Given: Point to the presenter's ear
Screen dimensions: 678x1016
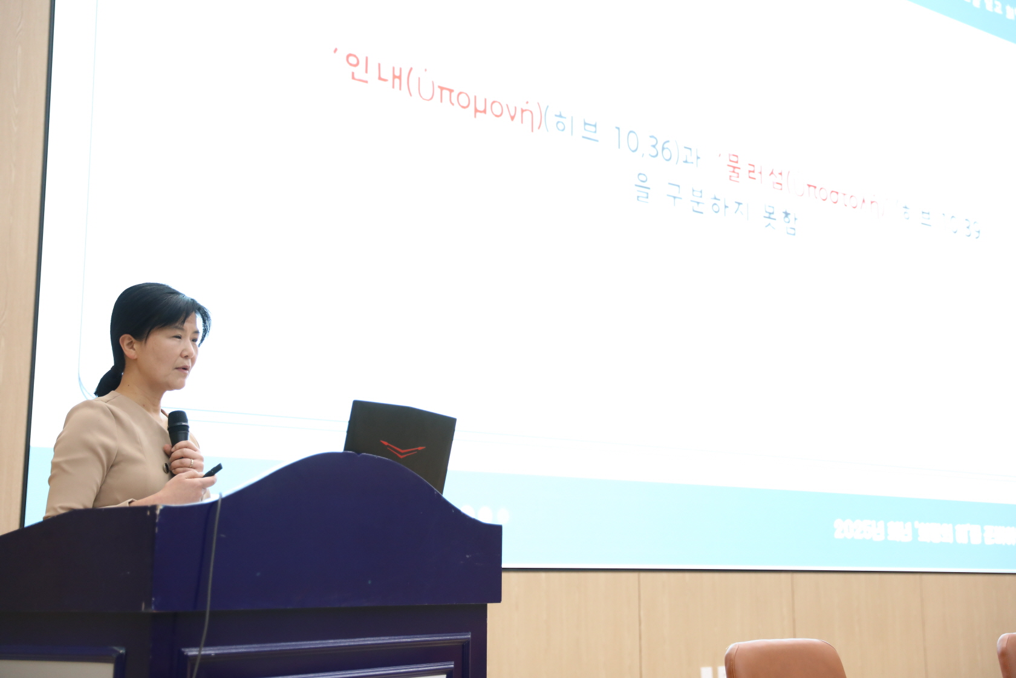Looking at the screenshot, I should tap(129, 346).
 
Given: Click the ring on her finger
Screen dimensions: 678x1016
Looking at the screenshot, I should tap(192, 462).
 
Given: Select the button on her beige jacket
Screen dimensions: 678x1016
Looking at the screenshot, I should tap(164, 467).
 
